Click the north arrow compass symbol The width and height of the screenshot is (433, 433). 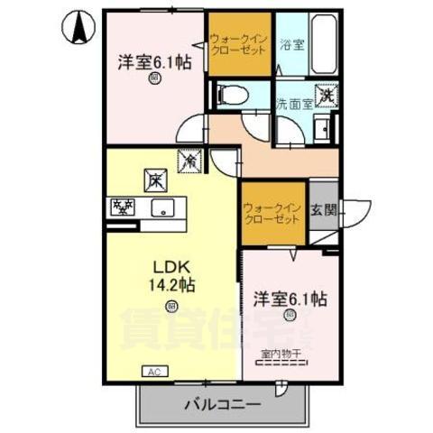click(78, 28)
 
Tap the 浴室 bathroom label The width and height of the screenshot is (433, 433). click(290, 42)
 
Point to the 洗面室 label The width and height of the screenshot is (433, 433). click(293, 103)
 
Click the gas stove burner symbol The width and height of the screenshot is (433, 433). click(121, 207)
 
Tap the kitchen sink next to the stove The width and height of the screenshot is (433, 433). click(162, 207)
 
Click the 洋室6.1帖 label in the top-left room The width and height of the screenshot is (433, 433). click(154, 63)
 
